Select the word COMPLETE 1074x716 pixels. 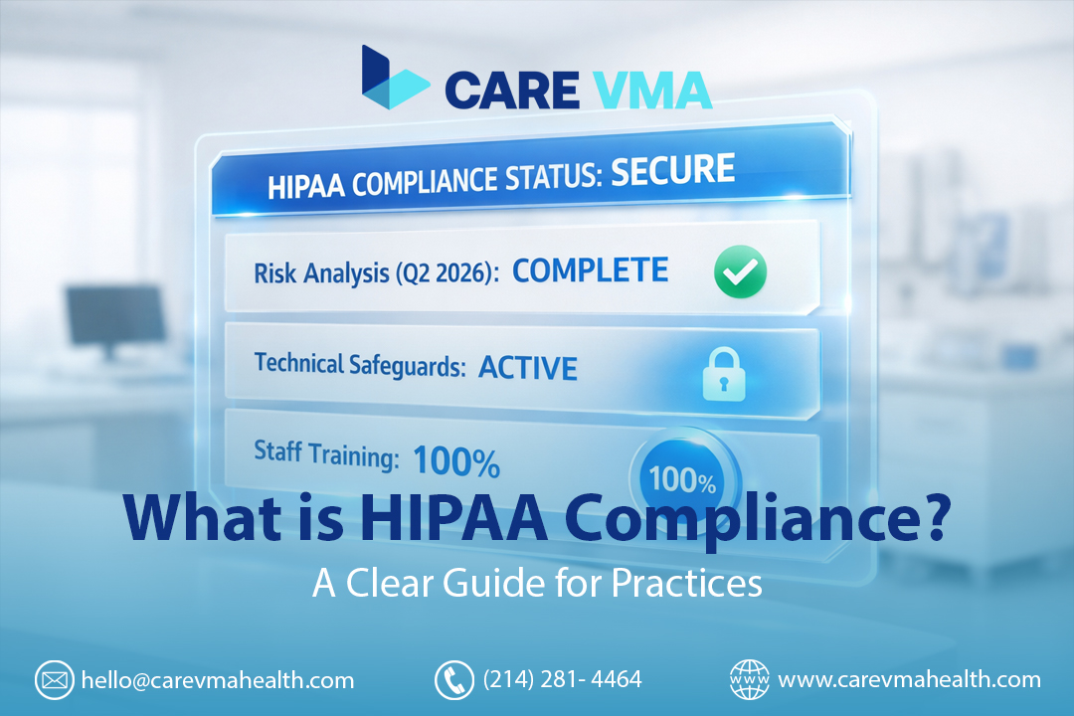coord(590,271)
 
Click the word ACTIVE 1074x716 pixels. coord(527,368)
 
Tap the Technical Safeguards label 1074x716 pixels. coord(360,364)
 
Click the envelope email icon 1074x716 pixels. coord(54,680)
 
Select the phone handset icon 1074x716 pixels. coord(453,680)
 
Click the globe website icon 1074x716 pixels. coord(749,680)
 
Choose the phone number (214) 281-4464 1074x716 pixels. coord(562,680)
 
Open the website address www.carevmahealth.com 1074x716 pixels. coord(909,680)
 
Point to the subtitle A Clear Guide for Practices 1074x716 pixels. coord(537,583)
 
